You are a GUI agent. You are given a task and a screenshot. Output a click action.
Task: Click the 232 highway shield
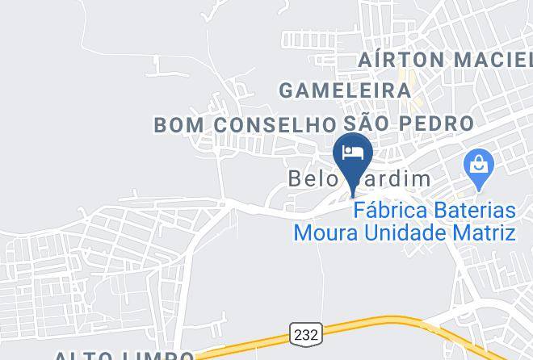click(x=306, y=333)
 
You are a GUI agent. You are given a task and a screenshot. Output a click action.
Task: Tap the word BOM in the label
click(x=178, y=124)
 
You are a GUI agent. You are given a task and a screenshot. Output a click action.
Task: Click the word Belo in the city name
click(x=310, y=178)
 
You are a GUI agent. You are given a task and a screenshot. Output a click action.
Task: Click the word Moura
click(x=320, y=233)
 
